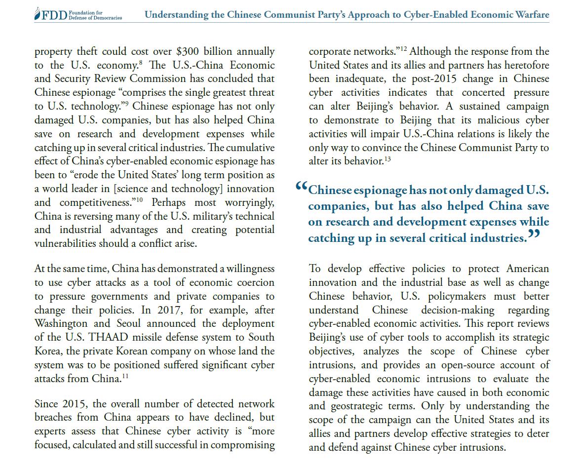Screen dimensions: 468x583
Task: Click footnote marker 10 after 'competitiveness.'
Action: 140,199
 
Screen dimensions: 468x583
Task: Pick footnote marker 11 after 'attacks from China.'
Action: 125,376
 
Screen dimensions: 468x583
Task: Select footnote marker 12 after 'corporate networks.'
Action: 403,49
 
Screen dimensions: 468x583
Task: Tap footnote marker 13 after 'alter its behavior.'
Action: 388,158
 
